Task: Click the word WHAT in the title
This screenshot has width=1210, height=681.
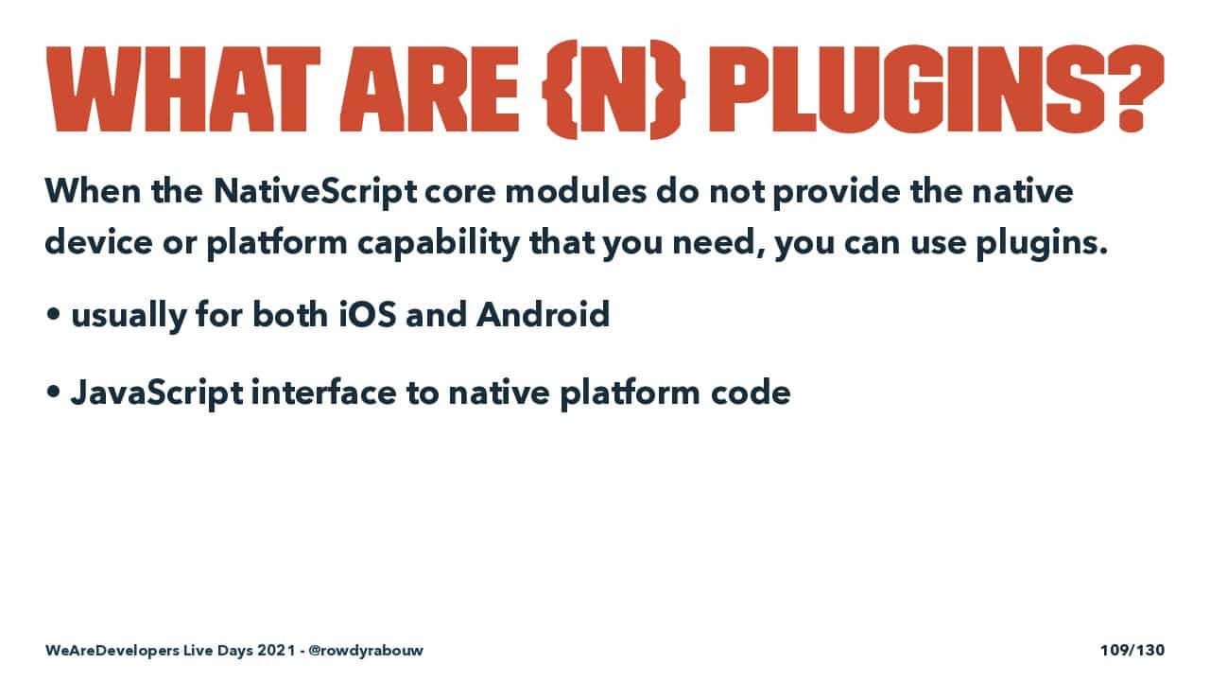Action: pyautogui.click(x=183, y=89)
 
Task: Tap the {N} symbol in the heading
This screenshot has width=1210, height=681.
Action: pyautogui.click(x=614, y=89)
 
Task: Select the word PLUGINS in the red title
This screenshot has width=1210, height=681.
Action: pyautogui.click(x=907, y=89)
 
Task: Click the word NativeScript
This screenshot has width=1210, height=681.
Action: pyautogui.click(x=315, y=192)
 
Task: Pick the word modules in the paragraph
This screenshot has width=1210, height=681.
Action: pyautogui.click(x=576, y=191)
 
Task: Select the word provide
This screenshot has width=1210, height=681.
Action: pyautogui.click(x=838, y=192)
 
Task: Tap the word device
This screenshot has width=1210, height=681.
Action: pyautogui.click(x=99, y=241)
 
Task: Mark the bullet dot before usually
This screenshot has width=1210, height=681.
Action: pyautogui.click(x=53, y=315)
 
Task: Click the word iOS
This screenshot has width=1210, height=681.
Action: pyautogui.click(x=368, y=314)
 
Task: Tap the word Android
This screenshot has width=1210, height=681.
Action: pyautogui.click(x=543, y=314)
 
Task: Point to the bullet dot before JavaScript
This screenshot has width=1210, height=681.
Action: pyautogui.click(x=53, y=393)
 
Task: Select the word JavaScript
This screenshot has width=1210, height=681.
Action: pyautogui.click(x=157, y=393)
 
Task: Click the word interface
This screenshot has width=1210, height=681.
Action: pyautogui.click(x=323, y=392)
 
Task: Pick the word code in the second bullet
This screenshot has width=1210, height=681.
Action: pyautogui.click(x=751, y=392)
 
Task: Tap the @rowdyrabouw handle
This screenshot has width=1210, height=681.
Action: pyautogui.click(x=366, y=650)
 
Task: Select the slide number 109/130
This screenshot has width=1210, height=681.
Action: pyautogui.click(x=1132, y=650)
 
